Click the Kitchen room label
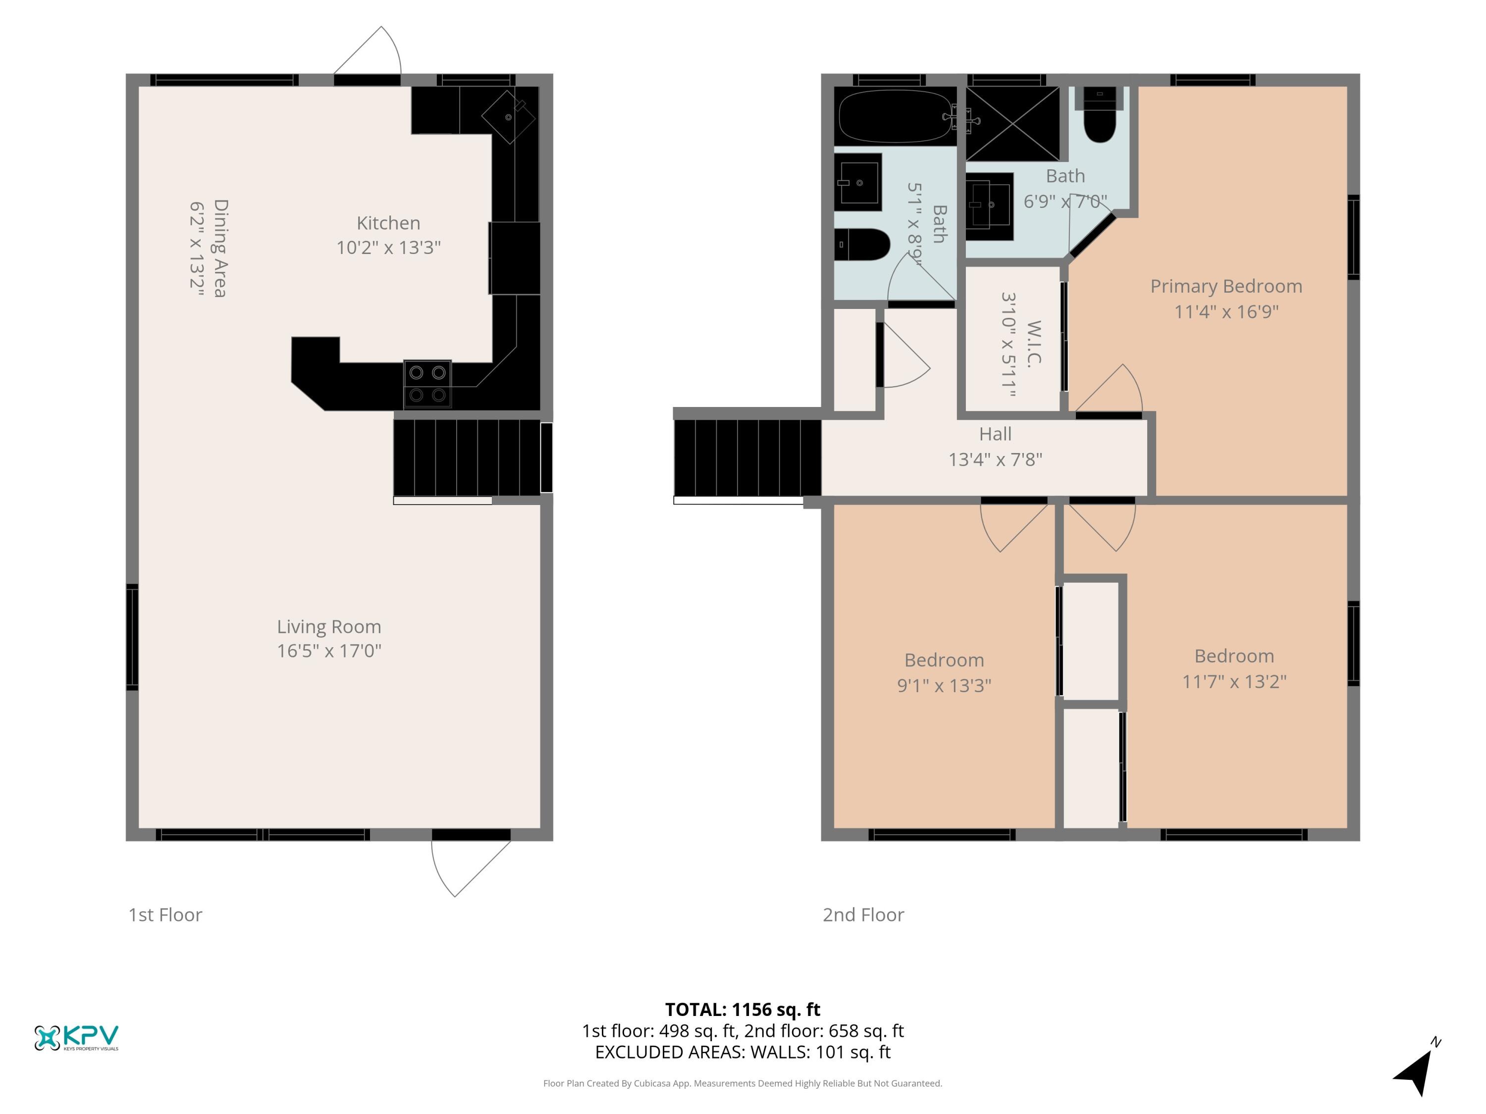point(388,223)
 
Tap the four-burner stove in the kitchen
point(427,384)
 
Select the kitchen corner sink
point(509,117)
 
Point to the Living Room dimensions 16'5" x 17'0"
point(329,651)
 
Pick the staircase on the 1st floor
point(467,458)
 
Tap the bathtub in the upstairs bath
point(895,116)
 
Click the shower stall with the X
point(1012,124)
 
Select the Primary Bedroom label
point(1226,286)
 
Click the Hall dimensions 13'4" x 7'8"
point(995,459)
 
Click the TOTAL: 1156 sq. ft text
point(743,1009)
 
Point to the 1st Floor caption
point(165,914)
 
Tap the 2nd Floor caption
point(863,914)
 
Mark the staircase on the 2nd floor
point(747,458)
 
